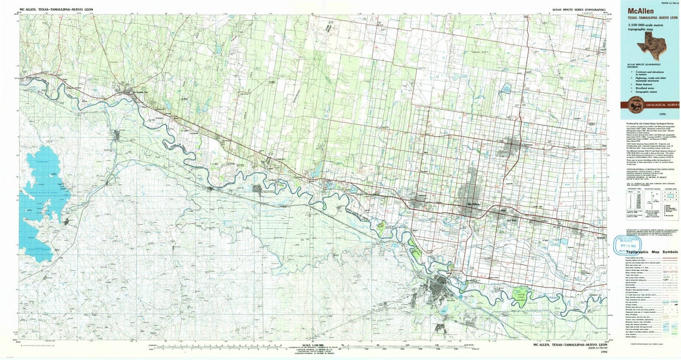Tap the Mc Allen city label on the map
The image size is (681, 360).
473,205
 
